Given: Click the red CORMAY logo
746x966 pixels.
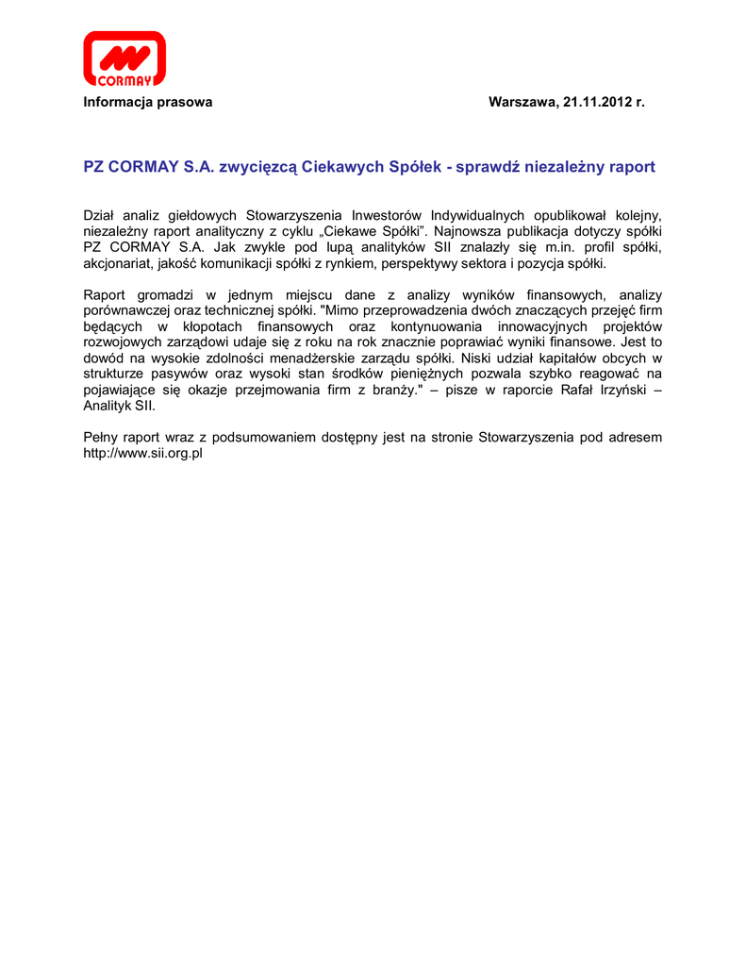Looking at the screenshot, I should pos(124,58).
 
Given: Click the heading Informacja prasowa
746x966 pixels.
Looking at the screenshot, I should pos(148,102).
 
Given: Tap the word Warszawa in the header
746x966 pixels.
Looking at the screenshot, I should pos(522,102).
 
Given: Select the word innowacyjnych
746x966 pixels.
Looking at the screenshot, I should pos(548,326).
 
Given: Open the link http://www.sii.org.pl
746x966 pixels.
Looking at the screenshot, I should pos(144,454).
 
